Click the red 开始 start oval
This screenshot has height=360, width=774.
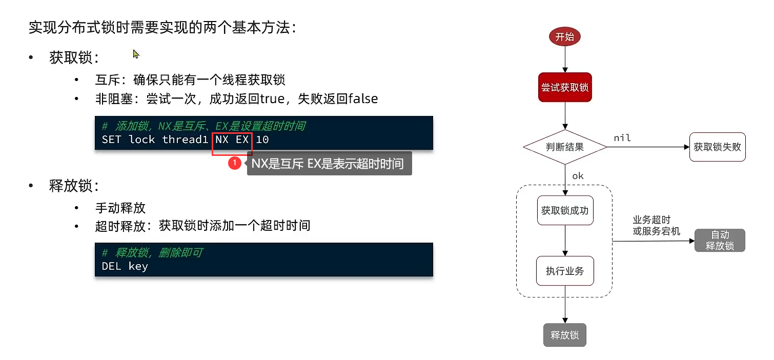(x=564, y=36)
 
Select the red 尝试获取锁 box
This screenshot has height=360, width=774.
(x=565, y=87)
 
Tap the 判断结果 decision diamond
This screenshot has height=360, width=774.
(x=565, y=147)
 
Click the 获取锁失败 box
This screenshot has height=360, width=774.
(x=717, y=147)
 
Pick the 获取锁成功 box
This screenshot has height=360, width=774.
(x=565, y=210)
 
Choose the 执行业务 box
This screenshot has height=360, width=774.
(x=565, y=271)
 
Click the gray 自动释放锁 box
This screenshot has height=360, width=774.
(x=720, y=241)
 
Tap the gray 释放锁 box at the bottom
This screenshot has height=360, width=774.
(x=564, y=335)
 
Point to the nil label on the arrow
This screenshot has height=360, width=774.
(x=622, y=138)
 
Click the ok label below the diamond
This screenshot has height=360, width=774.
(x=578, y=176)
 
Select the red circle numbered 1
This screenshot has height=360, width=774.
(x=235, y=163)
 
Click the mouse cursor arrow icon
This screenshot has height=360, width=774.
(x=136, y=54)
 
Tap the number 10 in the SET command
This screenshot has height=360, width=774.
(x=262, y=139)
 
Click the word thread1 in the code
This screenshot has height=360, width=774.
(x=185, y=139)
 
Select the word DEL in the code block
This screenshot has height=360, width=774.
(x=111, y=266)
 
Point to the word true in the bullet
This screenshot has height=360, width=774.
(x=272, y=99)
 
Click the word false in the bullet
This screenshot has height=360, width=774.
(x=363, y=98)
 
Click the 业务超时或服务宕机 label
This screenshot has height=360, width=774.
(x=656, y=226)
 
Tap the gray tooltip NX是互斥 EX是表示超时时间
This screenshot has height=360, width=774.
(x=329, y=163)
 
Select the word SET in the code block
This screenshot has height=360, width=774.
(x=111, y=139)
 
